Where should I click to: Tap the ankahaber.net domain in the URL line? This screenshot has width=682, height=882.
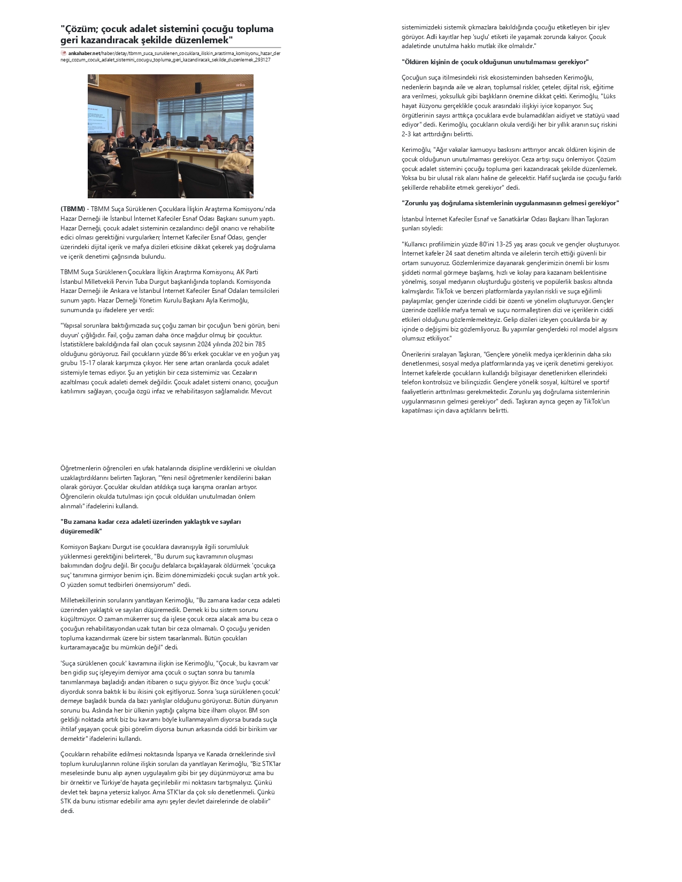tap(84, 53)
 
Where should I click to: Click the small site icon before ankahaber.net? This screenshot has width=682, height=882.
tap(64, 53)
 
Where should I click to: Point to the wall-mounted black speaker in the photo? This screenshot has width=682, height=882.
tap(198, 88)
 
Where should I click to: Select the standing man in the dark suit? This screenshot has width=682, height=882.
tap(155, 134)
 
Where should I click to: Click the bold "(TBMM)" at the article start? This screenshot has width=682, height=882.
tap(73, 209)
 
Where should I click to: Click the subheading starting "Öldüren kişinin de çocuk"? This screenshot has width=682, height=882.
tap(495, 62)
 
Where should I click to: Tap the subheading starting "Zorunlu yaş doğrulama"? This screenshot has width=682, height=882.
tap(510, 203)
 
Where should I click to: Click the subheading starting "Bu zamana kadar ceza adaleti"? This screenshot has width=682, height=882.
tap(150, 522)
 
